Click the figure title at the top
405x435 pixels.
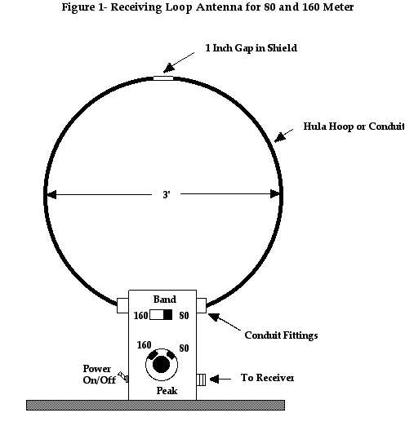tap(207, 7)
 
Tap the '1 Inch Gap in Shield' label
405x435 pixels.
tap(251, 48)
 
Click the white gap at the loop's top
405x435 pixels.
tap(163, 78)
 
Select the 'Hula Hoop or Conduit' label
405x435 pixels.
tap(354, 127)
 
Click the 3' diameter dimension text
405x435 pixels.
tap(167, 195)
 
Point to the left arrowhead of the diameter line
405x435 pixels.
tap(51, 194)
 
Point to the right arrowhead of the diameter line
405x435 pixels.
tap(275, 194)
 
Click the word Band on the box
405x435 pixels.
tap(165, 300)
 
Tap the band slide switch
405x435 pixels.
tap(161, 315)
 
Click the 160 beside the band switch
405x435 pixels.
tap(140, 316)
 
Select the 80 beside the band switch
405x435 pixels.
tap(184, 316)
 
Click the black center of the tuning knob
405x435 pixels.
tap(162, 365)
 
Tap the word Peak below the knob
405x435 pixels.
tap(167, 391)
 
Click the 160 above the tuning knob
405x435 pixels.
tap(144, 345)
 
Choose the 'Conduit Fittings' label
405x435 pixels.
tap(281, 335)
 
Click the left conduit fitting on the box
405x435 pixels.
tap(122, 306)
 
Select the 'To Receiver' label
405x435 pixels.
tap(267, 378)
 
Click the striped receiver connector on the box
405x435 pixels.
tap(201, 380)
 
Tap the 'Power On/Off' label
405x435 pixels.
tap(99, 375)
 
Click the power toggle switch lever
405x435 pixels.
tap(123, 377)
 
